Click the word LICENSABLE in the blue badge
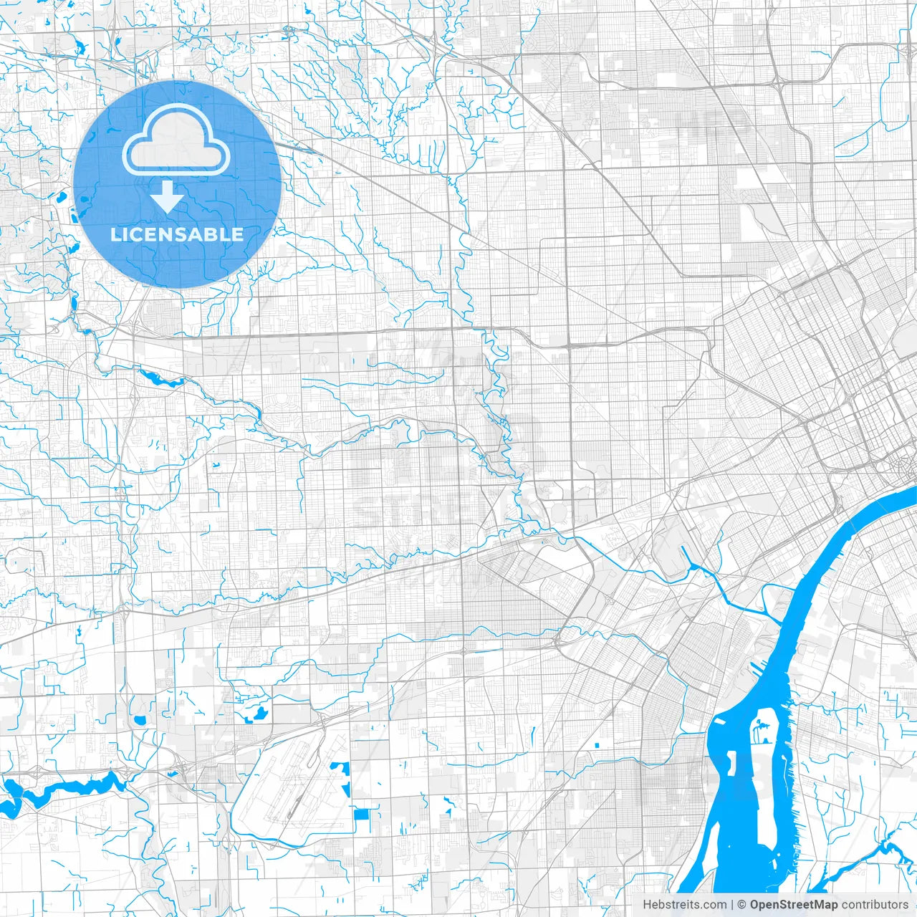[x=177, y=234]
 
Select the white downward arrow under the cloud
[x=167, y=196]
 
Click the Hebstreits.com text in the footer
[x=684, y=905]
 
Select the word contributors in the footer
[x=874, y=905]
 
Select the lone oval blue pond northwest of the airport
[x=139, y=719]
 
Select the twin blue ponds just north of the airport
[x=255, y=714]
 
